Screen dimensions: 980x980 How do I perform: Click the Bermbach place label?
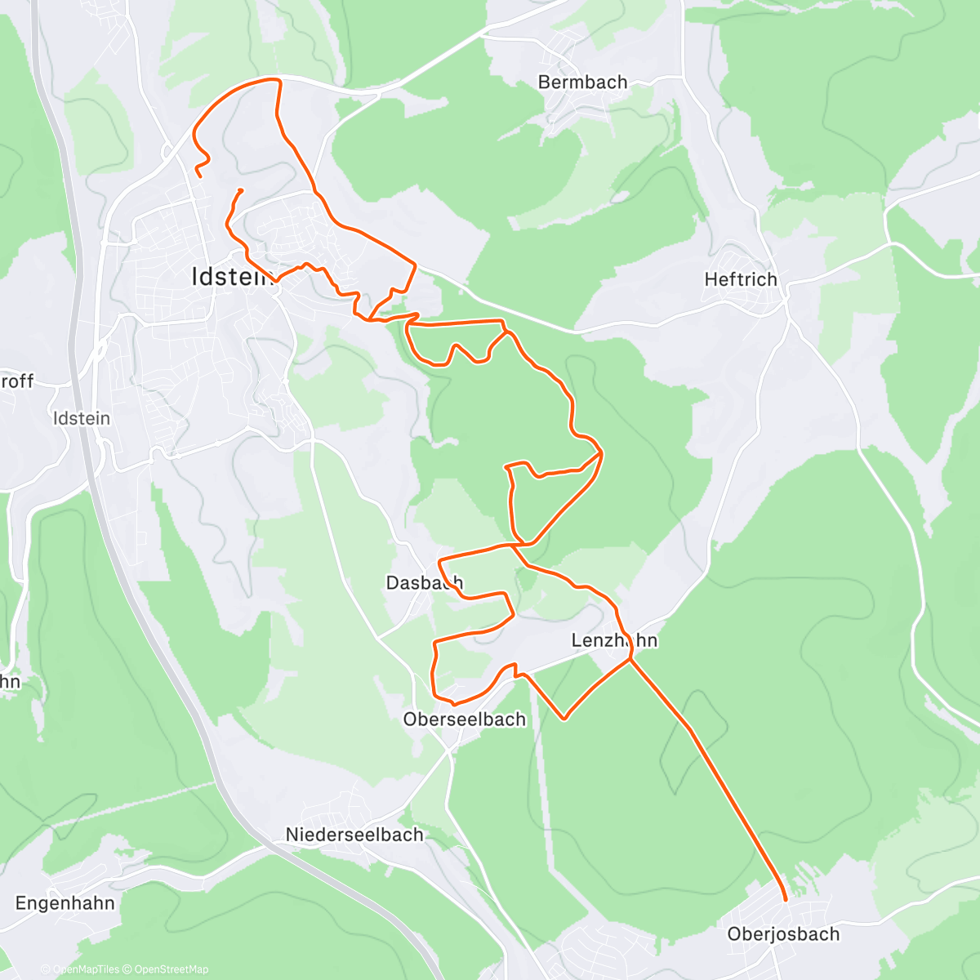(582, 82)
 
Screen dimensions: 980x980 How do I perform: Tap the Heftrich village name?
(741, 279)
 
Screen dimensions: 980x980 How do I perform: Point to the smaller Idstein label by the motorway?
(81, 418)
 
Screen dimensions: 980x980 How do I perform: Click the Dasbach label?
(424, 582)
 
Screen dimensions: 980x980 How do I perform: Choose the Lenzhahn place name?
(614, 640)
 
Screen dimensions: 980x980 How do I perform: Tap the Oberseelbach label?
(465, 719)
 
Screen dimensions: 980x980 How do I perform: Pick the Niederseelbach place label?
(354, 835)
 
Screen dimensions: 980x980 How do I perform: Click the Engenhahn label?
(65, 903)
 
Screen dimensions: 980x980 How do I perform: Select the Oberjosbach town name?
(783, 934)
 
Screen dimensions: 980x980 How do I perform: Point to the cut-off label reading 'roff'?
(16, 381)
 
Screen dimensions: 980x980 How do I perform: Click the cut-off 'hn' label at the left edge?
(10, 681)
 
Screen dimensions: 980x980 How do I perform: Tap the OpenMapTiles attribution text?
(86, 969)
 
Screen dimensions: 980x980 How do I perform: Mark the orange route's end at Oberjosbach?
(786, 899)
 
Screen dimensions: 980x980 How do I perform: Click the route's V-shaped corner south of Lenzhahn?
(564, 719)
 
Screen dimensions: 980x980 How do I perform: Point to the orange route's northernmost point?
(274, 79)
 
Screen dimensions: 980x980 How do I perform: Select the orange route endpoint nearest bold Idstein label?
(240, 190)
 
